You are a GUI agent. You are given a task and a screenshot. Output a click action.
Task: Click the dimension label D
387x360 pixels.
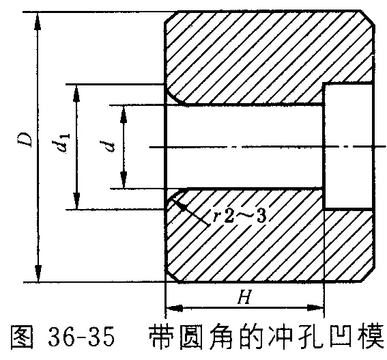click(x=26, y=140)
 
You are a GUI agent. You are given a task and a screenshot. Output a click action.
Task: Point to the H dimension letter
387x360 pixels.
click(x=244, y=297)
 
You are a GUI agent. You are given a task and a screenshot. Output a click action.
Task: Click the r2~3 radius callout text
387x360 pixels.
click(x=240, y=216)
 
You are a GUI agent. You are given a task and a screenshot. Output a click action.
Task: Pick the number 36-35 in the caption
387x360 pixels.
click(x=81, y=337)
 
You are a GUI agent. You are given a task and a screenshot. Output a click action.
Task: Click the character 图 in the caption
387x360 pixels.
click(x=22, y=337)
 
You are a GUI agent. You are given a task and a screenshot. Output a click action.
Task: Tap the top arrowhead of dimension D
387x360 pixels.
click(x=38, y=20)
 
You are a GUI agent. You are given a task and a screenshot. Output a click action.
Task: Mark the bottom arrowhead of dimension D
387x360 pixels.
click(x=38, y=273)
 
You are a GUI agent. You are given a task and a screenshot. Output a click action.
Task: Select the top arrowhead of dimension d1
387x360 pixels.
click(x=76, y=93)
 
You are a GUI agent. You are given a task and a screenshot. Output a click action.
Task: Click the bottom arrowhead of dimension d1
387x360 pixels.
click(x=76, y=201)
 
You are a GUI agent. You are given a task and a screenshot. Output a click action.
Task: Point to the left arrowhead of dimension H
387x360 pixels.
click(x=175, y=308)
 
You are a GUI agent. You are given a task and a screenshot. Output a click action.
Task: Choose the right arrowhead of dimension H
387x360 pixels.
click(x=315, y=308)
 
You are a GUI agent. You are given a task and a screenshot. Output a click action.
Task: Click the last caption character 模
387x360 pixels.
click(x=375, y=337)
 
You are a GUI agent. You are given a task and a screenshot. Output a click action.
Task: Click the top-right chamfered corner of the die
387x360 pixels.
click(x=368, y=18)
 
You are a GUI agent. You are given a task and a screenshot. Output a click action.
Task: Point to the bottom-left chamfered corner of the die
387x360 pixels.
click(x=172, y=275)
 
